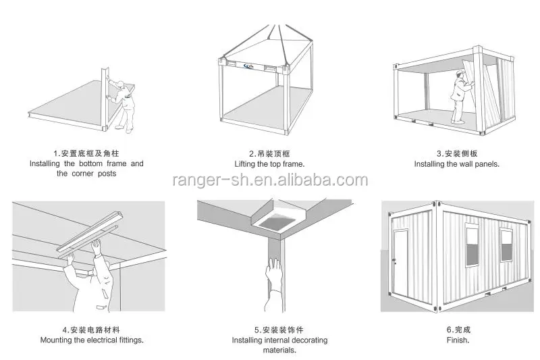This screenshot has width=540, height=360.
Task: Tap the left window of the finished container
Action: coord(472,246)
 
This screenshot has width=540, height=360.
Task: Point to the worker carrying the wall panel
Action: coord(462,95)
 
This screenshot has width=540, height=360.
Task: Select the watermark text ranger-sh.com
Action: coord(270,180)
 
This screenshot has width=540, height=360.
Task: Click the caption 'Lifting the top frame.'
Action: coord(269,164)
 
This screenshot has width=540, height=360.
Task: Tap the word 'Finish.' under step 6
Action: coord(458,340)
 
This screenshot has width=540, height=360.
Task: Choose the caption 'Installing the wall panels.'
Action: coord(456,164)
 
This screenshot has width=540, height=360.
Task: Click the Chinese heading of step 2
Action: coord(269,154)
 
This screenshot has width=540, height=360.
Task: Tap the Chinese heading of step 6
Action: coord(458,330)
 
